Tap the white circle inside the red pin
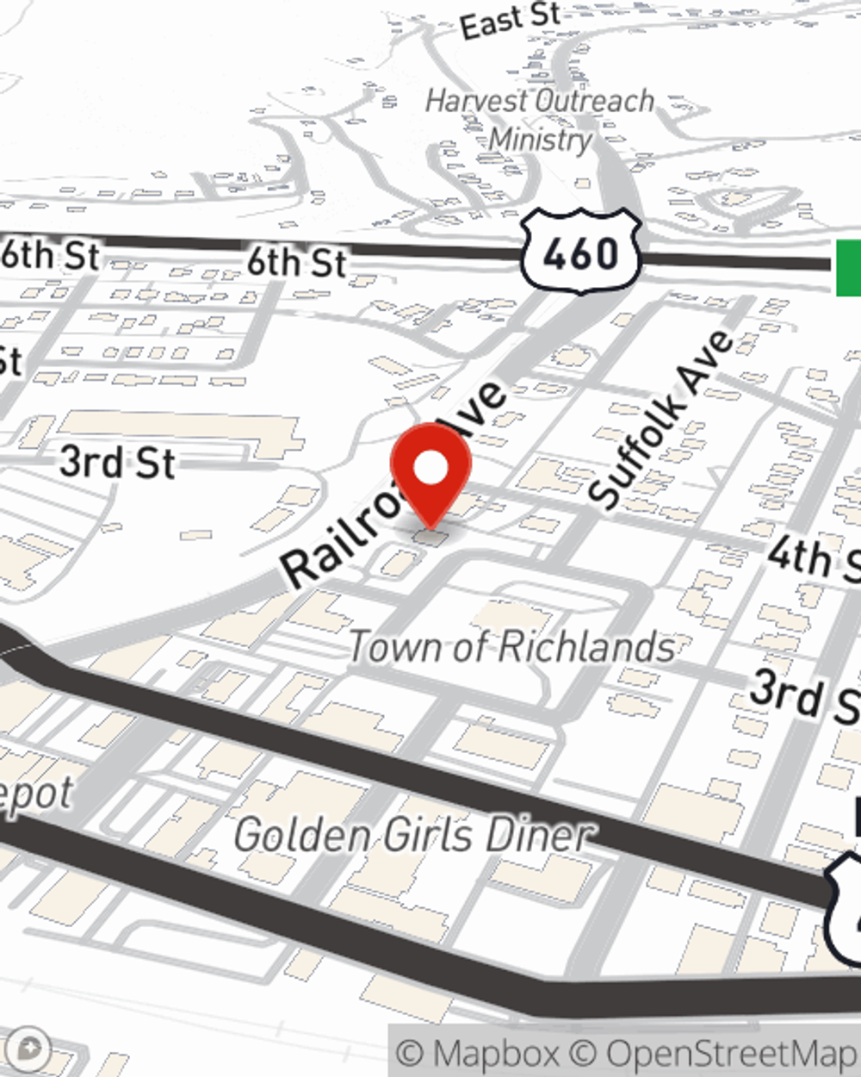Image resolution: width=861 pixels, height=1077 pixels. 430,468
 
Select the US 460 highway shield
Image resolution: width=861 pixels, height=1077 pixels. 581,251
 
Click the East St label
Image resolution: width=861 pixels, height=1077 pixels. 510,20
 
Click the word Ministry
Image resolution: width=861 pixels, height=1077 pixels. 541,139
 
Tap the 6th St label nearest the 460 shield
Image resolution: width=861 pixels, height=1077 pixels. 296,262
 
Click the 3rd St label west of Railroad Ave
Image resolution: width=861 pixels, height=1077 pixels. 117,463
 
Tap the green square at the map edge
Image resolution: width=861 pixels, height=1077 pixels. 848,268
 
